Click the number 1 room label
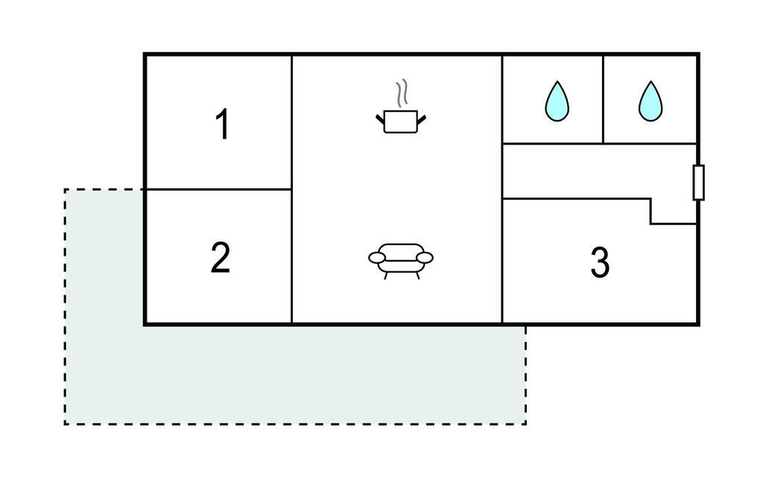(x=222, y=124)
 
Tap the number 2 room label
(x=221, y=258)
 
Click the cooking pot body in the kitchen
(x=400, y=121)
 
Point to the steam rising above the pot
(x=402, y=93)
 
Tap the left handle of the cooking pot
(x=380, y=119)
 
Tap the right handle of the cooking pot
(x=422, y=119)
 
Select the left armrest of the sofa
(x=377, y=258)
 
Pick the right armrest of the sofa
(x=424, y=258)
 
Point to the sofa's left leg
(x=387, y=276)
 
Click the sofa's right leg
(x=417, y=276)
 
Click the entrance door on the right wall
(x=698, y=183)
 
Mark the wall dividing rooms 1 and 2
(x=219, y=189)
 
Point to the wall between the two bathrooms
(x=603, y=99)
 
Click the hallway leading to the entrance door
(x=598, y=171)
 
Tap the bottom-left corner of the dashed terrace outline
(x=65, y=424)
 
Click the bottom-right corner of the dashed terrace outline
(x=525, y=424)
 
